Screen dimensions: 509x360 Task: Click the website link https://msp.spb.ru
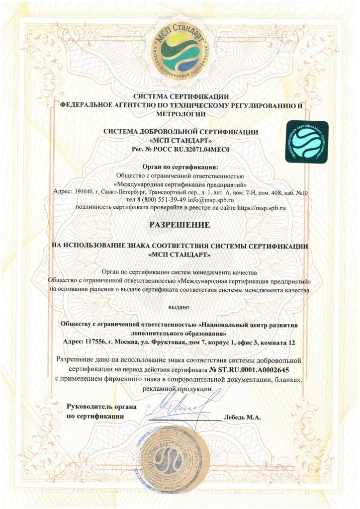point(266,208)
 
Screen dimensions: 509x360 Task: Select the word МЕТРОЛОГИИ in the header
point(180,114)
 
